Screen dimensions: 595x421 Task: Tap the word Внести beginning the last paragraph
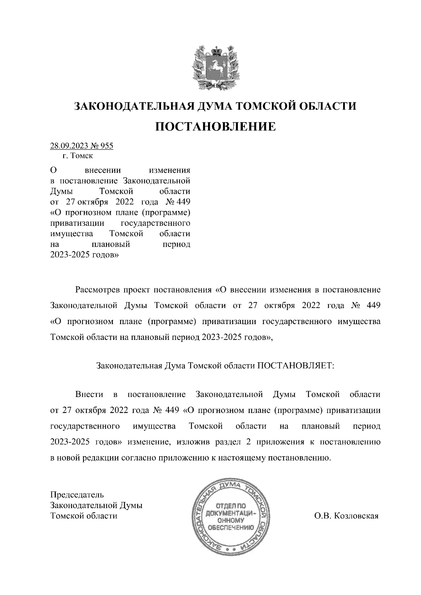(89, 395)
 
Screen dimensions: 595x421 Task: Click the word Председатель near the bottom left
(77, 495)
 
